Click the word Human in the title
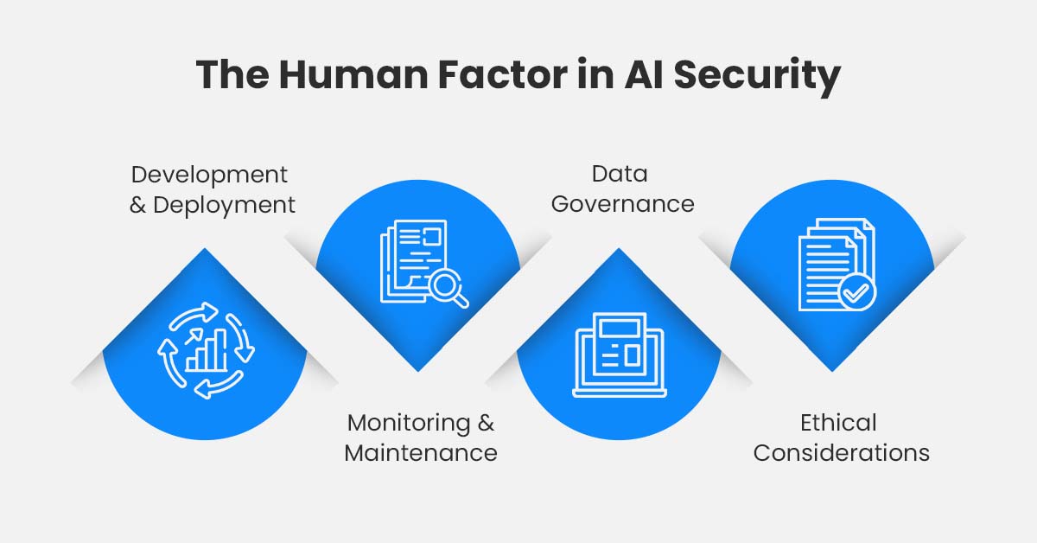pos(353,74)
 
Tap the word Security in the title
pos(757,77)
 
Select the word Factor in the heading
pos(502,74)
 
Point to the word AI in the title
pos(645,74)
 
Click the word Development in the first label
pos(209,176)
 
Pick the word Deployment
pos(224,206)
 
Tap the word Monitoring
pos(408,424)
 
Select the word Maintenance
pos(421,453)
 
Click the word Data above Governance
pos(620,174)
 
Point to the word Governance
pos(623,204)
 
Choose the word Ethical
pos(838,423)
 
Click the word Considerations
pos(841,453)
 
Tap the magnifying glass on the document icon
pos(449,290)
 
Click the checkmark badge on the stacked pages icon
pos(857,292)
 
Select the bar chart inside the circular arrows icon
pos(206,350)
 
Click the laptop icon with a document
pos(620,355)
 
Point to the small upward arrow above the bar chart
pos(194,335)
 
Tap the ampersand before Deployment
pos(137,206)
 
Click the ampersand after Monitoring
pos(486,423)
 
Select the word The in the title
pos(232,74)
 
